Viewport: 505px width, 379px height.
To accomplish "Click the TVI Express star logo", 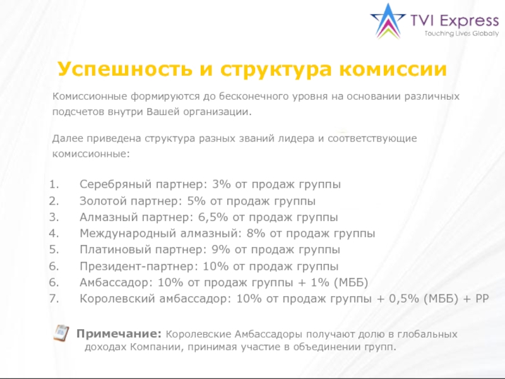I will point(388,21).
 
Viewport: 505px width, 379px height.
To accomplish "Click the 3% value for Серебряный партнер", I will point(222,185).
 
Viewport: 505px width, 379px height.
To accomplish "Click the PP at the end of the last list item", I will point(482,299).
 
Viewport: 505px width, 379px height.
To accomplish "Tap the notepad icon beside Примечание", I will point(61,332).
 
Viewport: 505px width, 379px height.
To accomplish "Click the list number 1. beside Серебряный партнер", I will point(54,185).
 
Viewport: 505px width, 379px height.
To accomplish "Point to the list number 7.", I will point(54,299).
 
